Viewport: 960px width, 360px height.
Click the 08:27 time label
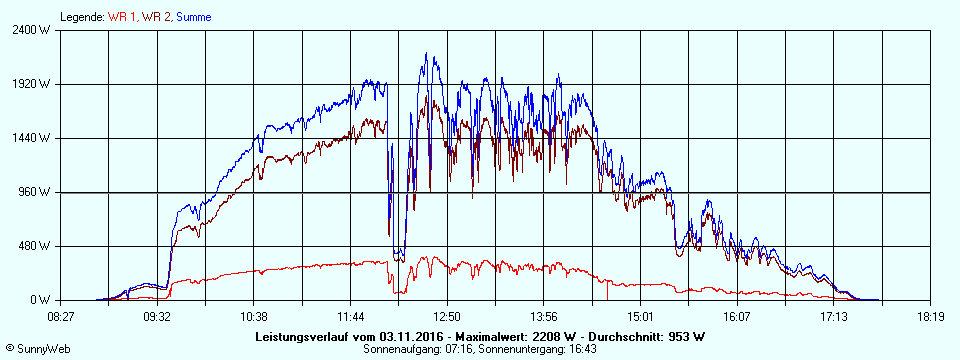[x=61, y=316]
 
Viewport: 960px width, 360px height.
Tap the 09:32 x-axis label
[x=157, y=316]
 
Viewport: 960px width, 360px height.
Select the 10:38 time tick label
[x=254, y=316]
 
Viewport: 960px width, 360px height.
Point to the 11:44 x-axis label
[x=350, y=316]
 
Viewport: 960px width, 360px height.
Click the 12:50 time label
[x=447, y=316]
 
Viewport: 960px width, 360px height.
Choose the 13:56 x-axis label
[x=543, y=316]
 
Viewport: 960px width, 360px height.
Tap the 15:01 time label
[x=640, y=316]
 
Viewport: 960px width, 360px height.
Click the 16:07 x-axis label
[x=737, y=316]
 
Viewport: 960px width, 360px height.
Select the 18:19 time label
[x=930, y=316]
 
